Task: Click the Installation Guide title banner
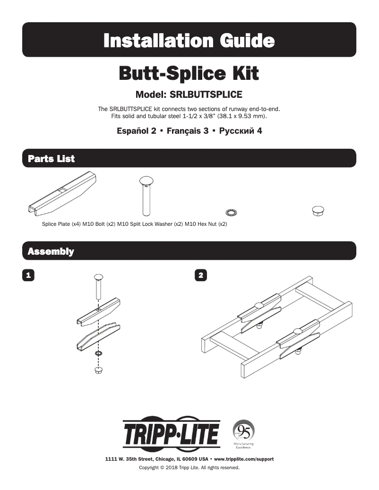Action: tap(189, 40)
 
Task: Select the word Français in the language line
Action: tap(181, 131)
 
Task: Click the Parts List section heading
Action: tap(51, 159)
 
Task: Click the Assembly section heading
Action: tap(51, 251)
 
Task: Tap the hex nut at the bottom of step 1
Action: tap(99, 369)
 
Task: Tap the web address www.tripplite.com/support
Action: tap(244, 459)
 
